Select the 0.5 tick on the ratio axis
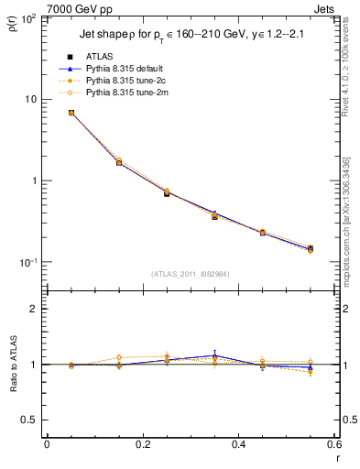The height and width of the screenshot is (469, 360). click(x=30, y=420)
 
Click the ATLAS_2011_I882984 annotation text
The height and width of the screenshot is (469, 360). click(x=190, y=273)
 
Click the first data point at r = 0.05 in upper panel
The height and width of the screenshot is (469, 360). click(x=71, y=113)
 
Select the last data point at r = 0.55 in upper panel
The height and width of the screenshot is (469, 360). click(x=310, y=248)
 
